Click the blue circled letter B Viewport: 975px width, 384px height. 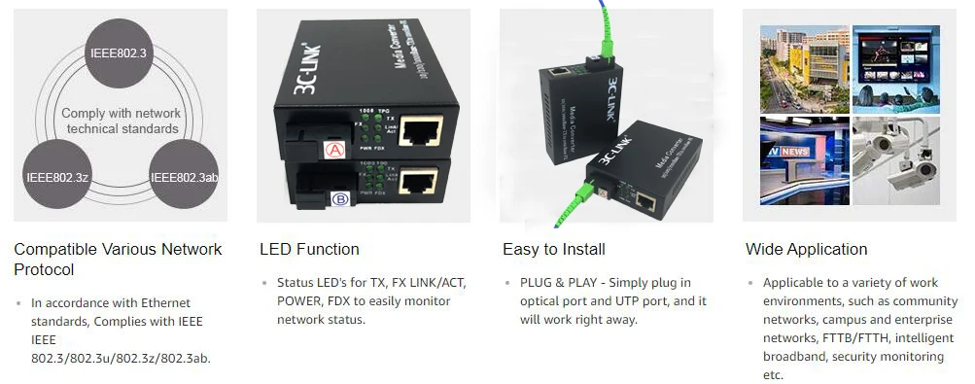(340, 198)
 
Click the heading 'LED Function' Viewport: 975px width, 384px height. (309, 249)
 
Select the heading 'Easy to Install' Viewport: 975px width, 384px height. (554, 249)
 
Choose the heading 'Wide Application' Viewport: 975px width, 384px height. (806, 249)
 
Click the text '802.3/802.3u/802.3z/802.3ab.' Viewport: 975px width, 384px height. (121, 358)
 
